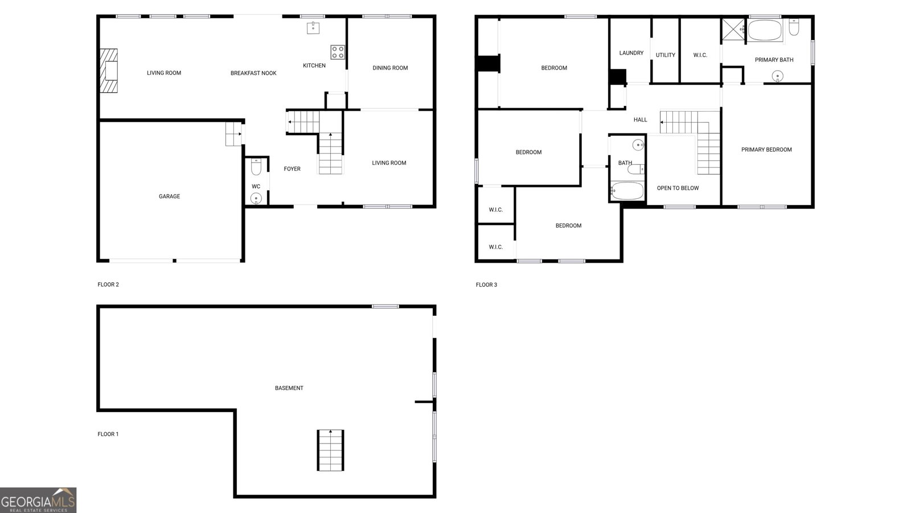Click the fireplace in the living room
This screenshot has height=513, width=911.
[109, 71]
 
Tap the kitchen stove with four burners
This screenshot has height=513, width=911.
[338, 52]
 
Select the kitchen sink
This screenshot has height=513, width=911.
[313, 27]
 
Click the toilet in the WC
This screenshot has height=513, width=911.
[256, 167]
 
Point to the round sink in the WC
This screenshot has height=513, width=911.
[256, 198]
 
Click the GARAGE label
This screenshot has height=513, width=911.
[169, 197]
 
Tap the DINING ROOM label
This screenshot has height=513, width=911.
[390, 68]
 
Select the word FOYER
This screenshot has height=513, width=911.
[292, 169]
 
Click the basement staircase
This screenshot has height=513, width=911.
[330, 450]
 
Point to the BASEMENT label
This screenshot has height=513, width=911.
[289, 388]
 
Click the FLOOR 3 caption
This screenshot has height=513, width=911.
[486, 284]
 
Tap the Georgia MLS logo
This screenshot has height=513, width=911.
[38, 500]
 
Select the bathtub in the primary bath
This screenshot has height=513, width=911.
[764, 30]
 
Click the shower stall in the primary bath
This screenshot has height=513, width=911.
[733, 29]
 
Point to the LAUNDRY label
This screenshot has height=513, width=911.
[631, 53]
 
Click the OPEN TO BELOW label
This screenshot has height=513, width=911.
[678, 188]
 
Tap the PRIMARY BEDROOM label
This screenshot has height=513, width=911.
[766, 150]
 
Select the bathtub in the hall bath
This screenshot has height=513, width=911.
[627, 191]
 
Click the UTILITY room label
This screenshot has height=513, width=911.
[665, 55]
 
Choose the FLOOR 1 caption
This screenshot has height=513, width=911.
[108, 434]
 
